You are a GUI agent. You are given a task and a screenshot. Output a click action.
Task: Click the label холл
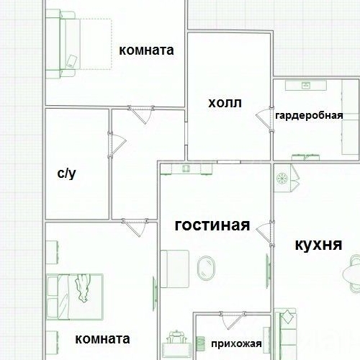225,104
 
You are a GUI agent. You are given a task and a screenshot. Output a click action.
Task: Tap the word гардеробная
309,115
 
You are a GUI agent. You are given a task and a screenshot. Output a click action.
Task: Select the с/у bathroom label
66,174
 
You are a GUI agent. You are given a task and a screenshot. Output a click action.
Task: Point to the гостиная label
212,225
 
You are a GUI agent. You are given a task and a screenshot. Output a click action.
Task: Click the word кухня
318,244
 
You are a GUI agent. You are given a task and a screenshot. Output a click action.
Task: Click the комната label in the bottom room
102,338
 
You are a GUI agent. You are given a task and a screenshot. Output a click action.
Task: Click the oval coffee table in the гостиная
205,269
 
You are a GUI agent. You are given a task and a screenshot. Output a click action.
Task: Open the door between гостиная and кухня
266,230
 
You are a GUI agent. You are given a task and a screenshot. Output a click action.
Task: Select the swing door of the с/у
115,140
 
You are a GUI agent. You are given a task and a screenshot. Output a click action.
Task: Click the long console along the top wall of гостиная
186,168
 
